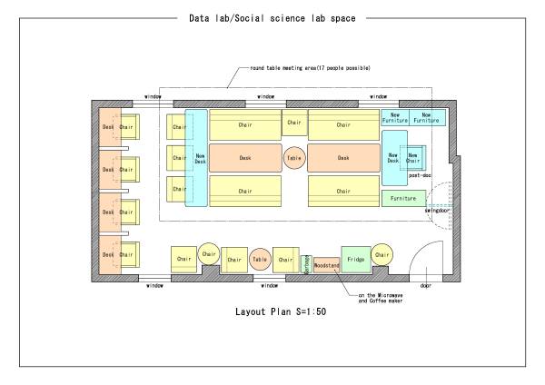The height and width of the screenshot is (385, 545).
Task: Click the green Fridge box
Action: coord(355,260)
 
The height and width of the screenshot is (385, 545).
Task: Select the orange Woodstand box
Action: coord(326,265)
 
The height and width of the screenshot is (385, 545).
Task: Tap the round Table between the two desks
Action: coord(294,157)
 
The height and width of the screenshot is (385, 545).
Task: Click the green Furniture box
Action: coord(403,197)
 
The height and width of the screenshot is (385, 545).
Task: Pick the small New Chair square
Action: coord(413,157)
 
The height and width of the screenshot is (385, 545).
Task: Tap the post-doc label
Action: coord(420,175)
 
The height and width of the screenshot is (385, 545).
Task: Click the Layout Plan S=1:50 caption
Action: coord(273,310)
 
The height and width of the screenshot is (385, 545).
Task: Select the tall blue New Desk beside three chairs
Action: coord(196,157)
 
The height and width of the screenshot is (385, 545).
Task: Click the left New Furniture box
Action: coord(395,117)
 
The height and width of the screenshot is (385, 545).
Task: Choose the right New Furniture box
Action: coord(427,117)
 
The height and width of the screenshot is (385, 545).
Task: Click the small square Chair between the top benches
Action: coord(293,122)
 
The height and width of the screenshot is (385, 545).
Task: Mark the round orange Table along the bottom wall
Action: coord(261,260)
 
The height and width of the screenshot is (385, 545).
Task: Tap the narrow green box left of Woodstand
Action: coord(306,264)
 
